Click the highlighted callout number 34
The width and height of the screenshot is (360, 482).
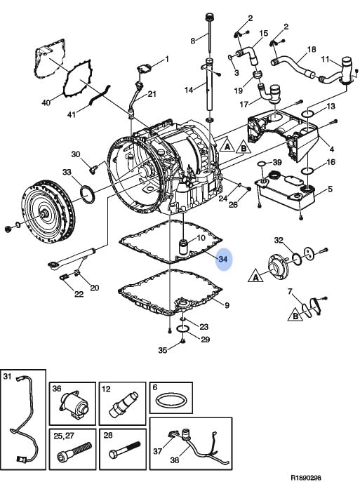(x=223, y=259)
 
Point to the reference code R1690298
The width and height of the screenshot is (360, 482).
(x=305, y=477)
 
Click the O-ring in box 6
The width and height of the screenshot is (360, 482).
(x=171, y=401)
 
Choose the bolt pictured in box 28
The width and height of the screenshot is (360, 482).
(x=125, y=450)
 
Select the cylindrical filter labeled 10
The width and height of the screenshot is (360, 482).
(x=185, y=246)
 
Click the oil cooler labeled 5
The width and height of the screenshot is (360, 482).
(x=284, y=191)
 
